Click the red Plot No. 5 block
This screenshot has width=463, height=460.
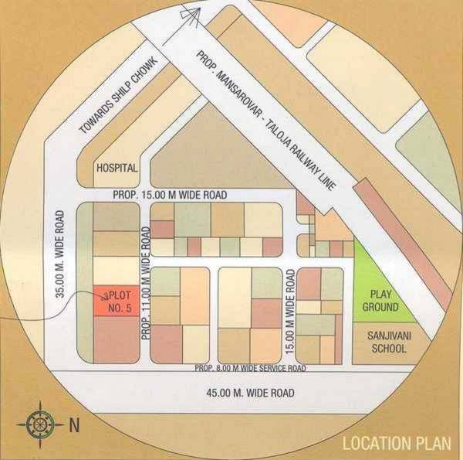(x=116, y=300)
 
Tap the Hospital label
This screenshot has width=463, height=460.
(x=117, y=168)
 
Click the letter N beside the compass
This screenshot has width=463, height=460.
(x=74, y=423)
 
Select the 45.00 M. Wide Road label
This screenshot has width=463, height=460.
(x=251, y=394)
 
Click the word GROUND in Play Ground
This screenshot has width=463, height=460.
(x=384, y=307)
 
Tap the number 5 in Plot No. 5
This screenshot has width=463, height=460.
(x=129, y=306)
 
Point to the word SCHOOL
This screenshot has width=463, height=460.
(x=384, y=349)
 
